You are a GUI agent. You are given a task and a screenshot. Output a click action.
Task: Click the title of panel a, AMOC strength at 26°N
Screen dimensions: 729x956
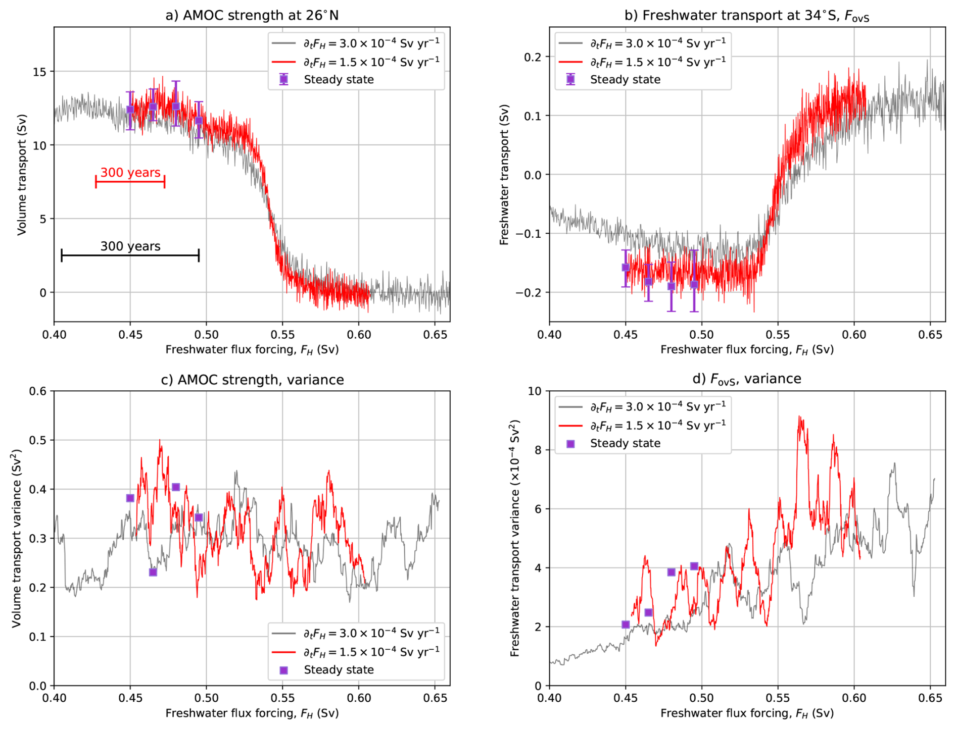(x=252, y=15)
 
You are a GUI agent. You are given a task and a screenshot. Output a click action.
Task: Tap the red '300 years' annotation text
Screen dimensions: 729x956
(x=130, y=173)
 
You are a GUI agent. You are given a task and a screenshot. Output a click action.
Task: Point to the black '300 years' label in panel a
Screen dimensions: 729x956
(x=130, y=246)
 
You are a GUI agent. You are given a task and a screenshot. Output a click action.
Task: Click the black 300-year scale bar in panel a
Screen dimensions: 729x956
(x=130, y=255)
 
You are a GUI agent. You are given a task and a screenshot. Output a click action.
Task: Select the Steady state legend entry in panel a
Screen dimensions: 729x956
(x=339, y=80)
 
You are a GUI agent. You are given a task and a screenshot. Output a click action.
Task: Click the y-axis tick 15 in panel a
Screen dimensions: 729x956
(x=39, y=72)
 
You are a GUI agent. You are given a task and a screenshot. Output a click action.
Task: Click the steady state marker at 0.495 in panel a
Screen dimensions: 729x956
(x=199, y=121)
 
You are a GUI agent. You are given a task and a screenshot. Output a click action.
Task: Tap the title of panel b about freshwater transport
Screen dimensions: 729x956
(x=747, y=16)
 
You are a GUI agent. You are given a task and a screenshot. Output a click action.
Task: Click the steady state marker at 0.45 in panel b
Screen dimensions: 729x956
(x=626, y=268)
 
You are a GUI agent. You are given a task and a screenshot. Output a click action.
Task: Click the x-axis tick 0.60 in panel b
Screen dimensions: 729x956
(x=854, y=335)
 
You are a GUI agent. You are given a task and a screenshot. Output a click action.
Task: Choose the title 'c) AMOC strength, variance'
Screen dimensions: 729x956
(x=252, y=380)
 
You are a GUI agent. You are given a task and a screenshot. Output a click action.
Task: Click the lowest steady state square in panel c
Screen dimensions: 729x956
(x=153, y=572)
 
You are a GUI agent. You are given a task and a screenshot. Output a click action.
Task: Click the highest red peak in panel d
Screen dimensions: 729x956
(x=799, y=417)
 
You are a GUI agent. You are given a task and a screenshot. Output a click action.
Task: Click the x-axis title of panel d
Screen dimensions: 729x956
(x=747, y=713)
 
